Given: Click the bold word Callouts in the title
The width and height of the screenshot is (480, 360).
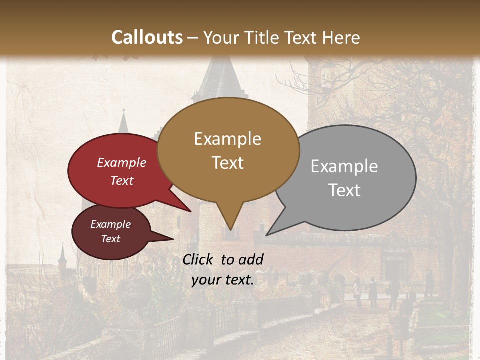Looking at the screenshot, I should coord(147,37).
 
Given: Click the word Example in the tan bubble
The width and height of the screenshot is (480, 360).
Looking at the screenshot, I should coord(227,139).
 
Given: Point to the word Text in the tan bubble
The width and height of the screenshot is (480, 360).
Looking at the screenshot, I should coord(227,163).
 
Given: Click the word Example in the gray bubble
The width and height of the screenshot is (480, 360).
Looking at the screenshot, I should coord(344,166).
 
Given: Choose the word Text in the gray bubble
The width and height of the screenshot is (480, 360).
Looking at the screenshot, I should coord(344,190).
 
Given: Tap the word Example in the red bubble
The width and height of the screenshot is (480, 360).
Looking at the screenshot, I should coord(122,163).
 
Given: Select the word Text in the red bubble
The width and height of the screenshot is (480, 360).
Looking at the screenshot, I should coord(122,180).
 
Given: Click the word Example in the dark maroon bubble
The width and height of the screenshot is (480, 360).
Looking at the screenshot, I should coord(111,224).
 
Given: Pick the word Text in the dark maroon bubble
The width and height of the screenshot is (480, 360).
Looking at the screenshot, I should coord(111,239).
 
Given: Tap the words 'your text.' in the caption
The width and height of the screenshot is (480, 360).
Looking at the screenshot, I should coord(223,280).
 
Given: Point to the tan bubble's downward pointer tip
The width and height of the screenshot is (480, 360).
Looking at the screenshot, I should coord(230,229).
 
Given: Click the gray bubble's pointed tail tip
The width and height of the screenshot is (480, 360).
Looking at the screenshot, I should coord(267,235).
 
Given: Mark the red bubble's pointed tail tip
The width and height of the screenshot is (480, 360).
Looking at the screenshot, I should coord(190,211).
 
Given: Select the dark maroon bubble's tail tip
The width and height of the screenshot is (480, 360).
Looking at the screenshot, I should coord(173,239).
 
